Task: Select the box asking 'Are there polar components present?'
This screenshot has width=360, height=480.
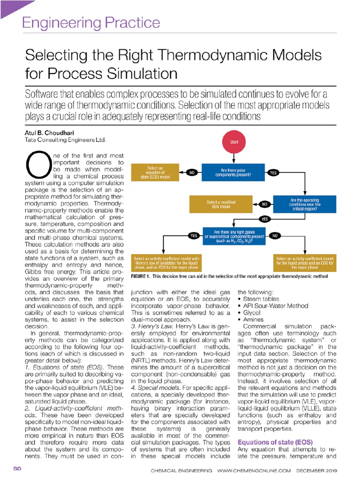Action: point(232,172)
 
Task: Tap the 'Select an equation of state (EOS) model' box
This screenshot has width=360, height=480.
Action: point(156,172)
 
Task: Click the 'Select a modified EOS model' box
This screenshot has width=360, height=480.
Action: point(221,204)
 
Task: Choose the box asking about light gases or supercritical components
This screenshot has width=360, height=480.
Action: point(232,236)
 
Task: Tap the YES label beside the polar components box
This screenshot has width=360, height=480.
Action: point(274,173)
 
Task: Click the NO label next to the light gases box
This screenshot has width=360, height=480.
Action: point(275,236)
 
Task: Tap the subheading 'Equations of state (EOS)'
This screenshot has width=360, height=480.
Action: point(275,442)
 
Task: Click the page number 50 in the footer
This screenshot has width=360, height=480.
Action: point(17,469)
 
